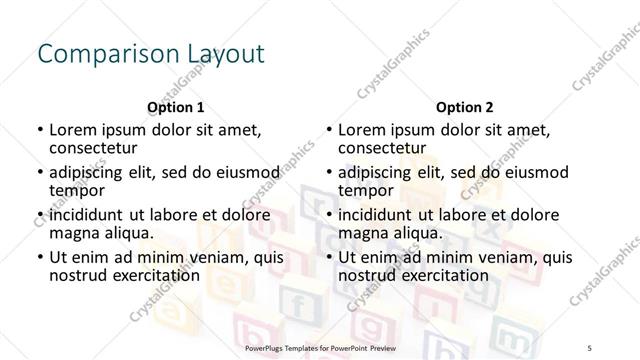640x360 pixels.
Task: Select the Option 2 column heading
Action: click(x=465, y=107)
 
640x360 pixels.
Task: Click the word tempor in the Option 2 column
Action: click(x=366, y=190)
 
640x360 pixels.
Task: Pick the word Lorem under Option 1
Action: click(x=72, y=130)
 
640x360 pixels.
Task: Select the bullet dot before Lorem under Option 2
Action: click(x=328, y=130)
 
